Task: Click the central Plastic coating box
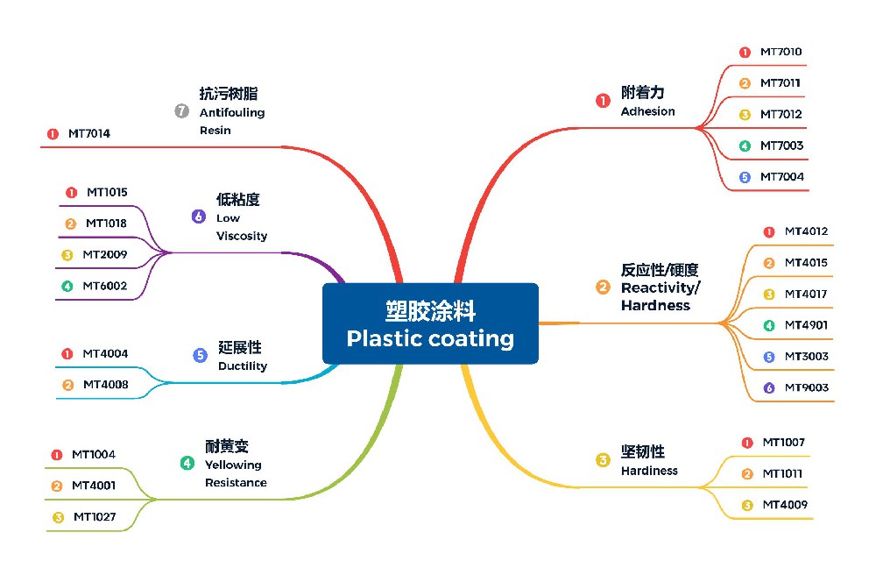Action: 430,323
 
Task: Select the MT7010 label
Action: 781,52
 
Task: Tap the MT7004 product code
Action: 781,177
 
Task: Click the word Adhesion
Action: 647,111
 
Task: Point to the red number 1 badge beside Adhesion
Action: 603,101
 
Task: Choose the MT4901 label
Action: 806,325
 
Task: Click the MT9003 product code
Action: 806,387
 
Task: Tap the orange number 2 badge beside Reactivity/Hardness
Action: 603,287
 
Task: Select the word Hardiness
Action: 649,471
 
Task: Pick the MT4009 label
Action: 785,505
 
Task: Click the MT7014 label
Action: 89,134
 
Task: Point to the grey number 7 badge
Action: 182,111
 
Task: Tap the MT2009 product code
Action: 105,255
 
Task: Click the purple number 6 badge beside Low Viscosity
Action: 199,217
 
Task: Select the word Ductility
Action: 243,366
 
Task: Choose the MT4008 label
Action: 105,385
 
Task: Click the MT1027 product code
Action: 95,517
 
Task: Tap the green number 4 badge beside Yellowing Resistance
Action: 187,464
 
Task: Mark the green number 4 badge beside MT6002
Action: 67,287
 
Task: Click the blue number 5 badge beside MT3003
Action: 769,357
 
